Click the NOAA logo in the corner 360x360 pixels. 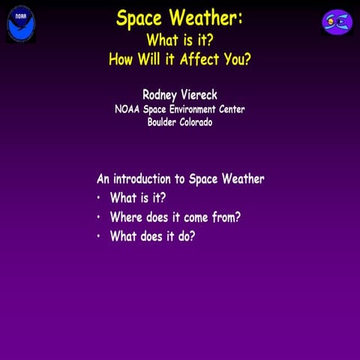pos(20,23)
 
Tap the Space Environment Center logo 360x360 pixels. pos(337,22)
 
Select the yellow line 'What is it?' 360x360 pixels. pos(179,38)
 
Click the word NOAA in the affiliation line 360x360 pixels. pos(127,109)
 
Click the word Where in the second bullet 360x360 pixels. pos(126,217)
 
